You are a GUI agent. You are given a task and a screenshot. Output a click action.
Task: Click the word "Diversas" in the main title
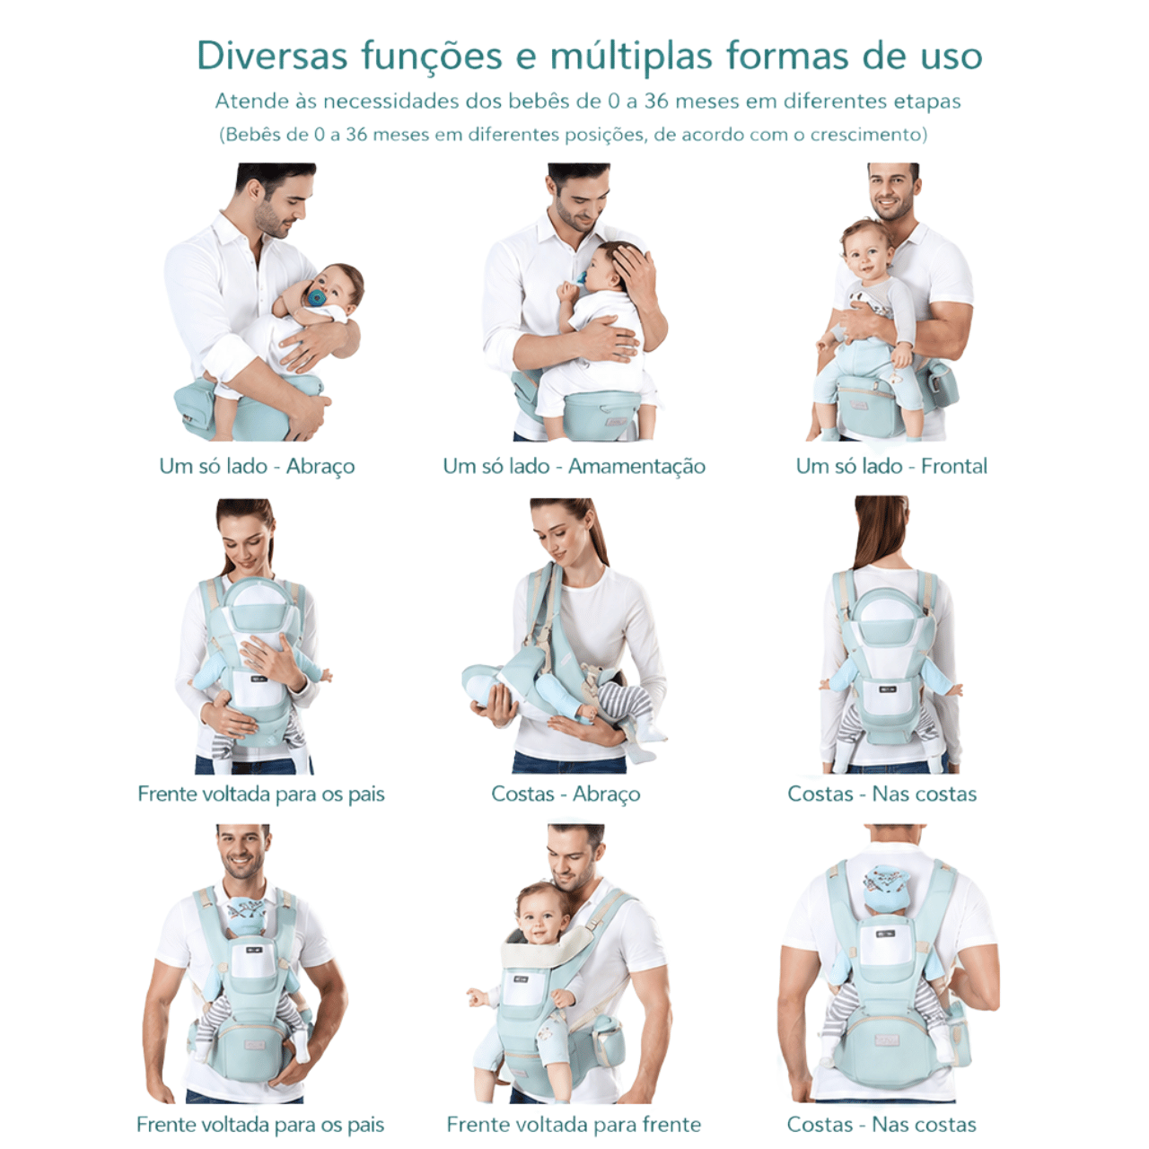click(272, 56)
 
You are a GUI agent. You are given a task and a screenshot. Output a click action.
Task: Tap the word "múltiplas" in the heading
click(631, 57)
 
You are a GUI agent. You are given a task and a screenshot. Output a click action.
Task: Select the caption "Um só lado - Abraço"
click(257, 466)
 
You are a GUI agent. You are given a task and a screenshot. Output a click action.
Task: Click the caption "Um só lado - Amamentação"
click(574, 466)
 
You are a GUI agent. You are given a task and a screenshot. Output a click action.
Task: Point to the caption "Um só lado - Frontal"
click(891, 466)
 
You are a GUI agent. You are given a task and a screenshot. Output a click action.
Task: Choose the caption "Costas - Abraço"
click(566, 794)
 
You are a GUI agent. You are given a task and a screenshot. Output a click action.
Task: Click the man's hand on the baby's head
click(632, 268)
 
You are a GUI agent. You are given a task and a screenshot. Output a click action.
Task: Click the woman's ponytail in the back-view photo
click(881, 530)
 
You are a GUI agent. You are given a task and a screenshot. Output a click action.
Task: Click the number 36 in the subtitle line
click(656, 101)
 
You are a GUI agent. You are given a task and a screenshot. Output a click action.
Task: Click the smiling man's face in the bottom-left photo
click(242, 854)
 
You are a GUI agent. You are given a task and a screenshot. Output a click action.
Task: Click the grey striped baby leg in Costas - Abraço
click(625, 697)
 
